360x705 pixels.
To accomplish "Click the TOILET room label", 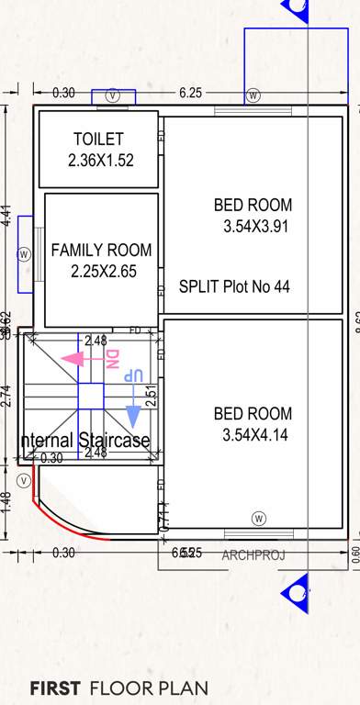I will click(98, 140).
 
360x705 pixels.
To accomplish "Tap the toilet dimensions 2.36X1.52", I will click(101, 160).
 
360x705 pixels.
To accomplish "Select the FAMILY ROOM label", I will click(101, 251).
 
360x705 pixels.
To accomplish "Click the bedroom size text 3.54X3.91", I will click(255, 226).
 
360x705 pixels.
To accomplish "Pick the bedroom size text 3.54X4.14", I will click(255, 435).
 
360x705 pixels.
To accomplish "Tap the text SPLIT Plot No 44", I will click(234, 286).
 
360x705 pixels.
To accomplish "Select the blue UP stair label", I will click(135, 376).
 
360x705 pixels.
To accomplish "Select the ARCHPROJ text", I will click(253, 554).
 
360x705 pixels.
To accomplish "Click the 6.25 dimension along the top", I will click(191, 93).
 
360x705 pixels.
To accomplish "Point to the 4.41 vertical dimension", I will click(7, 217).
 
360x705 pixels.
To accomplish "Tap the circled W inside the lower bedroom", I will click(259, 517).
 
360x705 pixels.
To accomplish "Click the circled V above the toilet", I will click(112, 95).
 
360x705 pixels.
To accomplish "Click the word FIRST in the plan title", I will click(57, 688).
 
